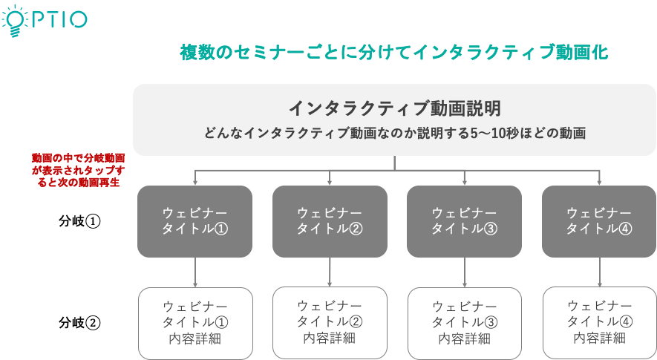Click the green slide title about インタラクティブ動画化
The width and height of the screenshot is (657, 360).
point(394,53)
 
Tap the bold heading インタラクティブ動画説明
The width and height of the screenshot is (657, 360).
point(394,108)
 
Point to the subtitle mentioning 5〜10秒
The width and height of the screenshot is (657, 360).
point(394,134)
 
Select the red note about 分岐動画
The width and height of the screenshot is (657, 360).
point(79,170)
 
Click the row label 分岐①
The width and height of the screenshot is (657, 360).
point(79,221)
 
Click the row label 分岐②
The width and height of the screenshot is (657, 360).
point(79,323)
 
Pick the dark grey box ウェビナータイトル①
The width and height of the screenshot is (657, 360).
point(195,221)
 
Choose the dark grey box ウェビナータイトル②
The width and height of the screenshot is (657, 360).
point(330,221)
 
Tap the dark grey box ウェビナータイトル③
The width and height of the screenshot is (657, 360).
point(464,221)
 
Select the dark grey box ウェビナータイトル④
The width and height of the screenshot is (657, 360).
point(599,221)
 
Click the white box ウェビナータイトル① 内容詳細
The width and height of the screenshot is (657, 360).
point(195,323)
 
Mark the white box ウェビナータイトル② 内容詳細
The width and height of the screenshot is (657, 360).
point(330,323)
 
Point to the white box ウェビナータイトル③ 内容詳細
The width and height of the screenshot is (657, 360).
point(465,323)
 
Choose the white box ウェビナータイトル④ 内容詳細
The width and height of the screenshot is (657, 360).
point(600,323)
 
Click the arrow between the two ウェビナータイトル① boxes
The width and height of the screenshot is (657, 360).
point(195,272)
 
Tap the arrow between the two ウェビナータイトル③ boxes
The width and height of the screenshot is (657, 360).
point(465,272)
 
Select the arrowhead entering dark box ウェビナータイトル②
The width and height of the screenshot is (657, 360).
point(330,183)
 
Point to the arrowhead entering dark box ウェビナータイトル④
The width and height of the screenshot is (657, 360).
point(599,183)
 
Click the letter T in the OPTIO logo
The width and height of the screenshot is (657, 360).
point(53,20)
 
